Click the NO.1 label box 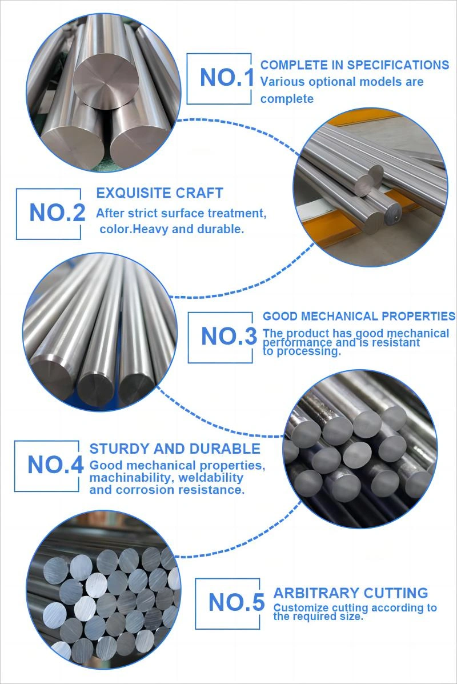219,78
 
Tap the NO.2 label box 49,214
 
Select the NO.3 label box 220,337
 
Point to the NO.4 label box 47,466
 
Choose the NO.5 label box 227,603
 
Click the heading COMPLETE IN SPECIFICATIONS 355,65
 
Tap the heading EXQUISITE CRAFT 159,193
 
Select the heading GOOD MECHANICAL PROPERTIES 359,316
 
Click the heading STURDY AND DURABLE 175,449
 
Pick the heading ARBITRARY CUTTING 351,593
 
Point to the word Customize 301,607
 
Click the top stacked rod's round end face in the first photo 104,82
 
